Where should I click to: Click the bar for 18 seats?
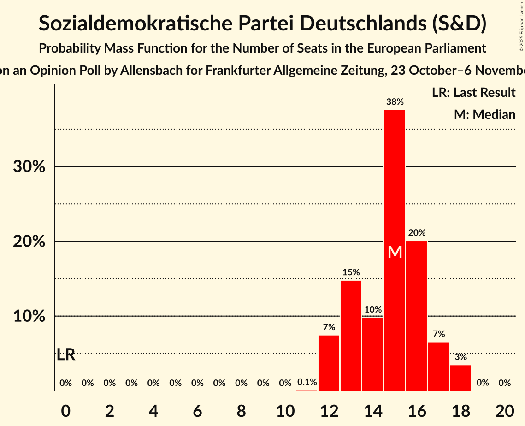point(460,378)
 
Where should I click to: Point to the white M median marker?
point(395,252)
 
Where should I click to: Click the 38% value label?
point(395,102)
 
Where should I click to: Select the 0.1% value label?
point(307,382)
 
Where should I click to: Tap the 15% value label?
point(351,272)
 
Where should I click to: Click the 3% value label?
point(460,357)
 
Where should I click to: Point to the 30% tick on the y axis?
point(29,166)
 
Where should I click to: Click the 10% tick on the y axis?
point(29,316)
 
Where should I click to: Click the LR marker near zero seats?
point(66,355)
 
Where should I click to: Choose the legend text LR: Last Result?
point(473,93)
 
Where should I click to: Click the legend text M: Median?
point(484,114)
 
